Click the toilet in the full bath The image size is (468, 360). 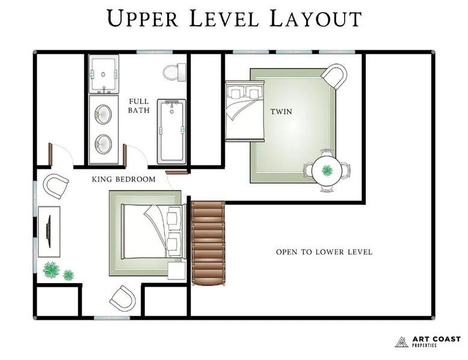point(175,72)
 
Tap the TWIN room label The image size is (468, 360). point(281,112)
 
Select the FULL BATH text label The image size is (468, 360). point(139,106)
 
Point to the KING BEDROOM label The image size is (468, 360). point(123,179)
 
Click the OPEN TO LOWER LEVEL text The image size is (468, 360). point(324,252)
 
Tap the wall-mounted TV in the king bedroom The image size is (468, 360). point(48,231)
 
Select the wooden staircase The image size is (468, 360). point(208,243)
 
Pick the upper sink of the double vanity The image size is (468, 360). point(103,114)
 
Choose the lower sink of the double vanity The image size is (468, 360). point(103,144)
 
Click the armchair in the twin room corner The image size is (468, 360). point(334,77)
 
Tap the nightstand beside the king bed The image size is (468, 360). point(176,270)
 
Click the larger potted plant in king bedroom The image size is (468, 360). point(51,270)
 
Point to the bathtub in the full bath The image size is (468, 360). point(171,132)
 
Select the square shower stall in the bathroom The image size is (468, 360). point(103,74)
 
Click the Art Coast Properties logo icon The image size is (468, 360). point(401,342)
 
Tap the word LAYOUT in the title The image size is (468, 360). point(315,19)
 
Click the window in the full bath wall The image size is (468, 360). point(155,52)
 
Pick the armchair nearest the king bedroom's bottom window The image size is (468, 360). point(122,297)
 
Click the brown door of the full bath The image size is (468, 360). point(125,154)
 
